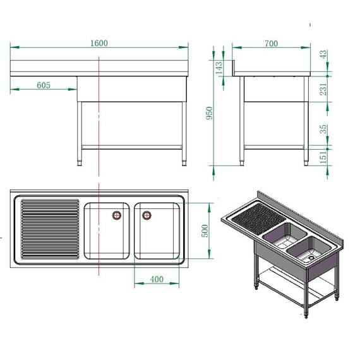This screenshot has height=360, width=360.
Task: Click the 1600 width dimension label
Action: coord(99,43)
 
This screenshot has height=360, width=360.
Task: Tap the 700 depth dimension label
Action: coord(271,43)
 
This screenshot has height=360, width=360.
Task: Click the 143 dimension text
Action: coord(219,68)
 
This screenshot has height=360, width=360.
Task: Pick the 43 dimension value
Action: coord(324,55)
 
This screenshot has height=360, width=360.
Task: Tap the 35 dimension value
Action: coord(324,129)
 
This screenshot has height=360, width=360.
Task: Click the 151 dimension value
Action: coord(324,155)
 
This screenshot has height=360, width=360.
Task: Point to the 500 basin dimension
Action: coord(204,231)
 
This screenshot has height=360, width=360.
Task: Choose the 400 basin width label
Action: coord(157,279)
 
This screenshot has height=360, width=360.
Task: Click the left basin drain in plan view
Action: coord(117,215)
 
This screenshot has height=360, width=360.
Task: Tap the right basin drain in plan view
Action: coord(147,215)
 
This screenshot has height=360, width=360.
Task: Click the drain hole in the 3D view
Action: coord(311,257)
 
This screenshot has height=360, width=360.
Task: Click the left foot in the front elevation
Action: coord(80,162)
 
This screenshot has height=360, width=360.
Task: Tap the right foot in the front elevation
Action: coord(184,162)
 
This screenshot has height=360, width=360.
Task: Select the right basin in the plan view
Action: coord(157,231)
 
